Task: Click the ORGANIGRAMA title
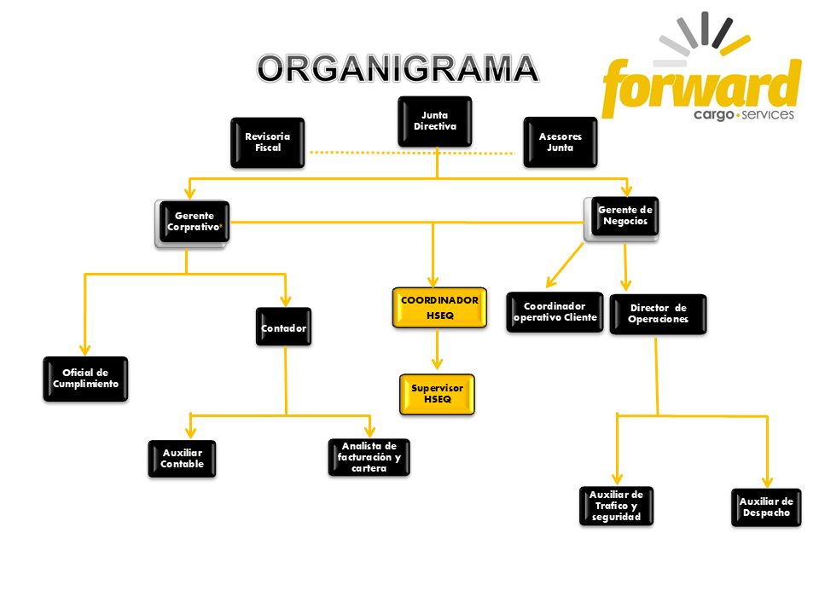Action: (398, 69)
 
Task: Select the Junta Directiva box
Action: (435, 121)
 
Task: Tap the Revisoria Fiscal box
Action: (267, 142)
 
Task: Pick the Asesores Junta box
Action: (560, 142)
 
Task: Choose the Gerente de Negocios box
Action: (624, 217)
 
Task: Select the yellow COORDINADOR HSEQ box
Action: (439, 308)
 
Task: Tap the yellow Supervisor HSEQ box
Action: (437, 393)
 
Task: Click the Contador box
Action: (283, 327)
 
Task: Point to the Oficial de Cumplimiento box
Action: (85, 379)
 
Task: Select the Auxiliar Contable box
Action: (182, 459)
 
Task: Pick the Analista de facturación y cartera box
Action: (369, 457)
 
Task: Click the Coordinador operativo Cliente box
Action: (555, 312)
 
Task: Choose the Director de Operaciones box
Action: (658, 314)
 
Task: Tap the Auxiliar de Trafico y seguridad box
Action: (615, 506)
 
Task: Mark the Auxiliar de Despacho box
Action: (765, 507)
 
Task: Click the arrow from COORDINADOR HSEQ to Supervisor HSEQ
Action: (437, 350)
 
